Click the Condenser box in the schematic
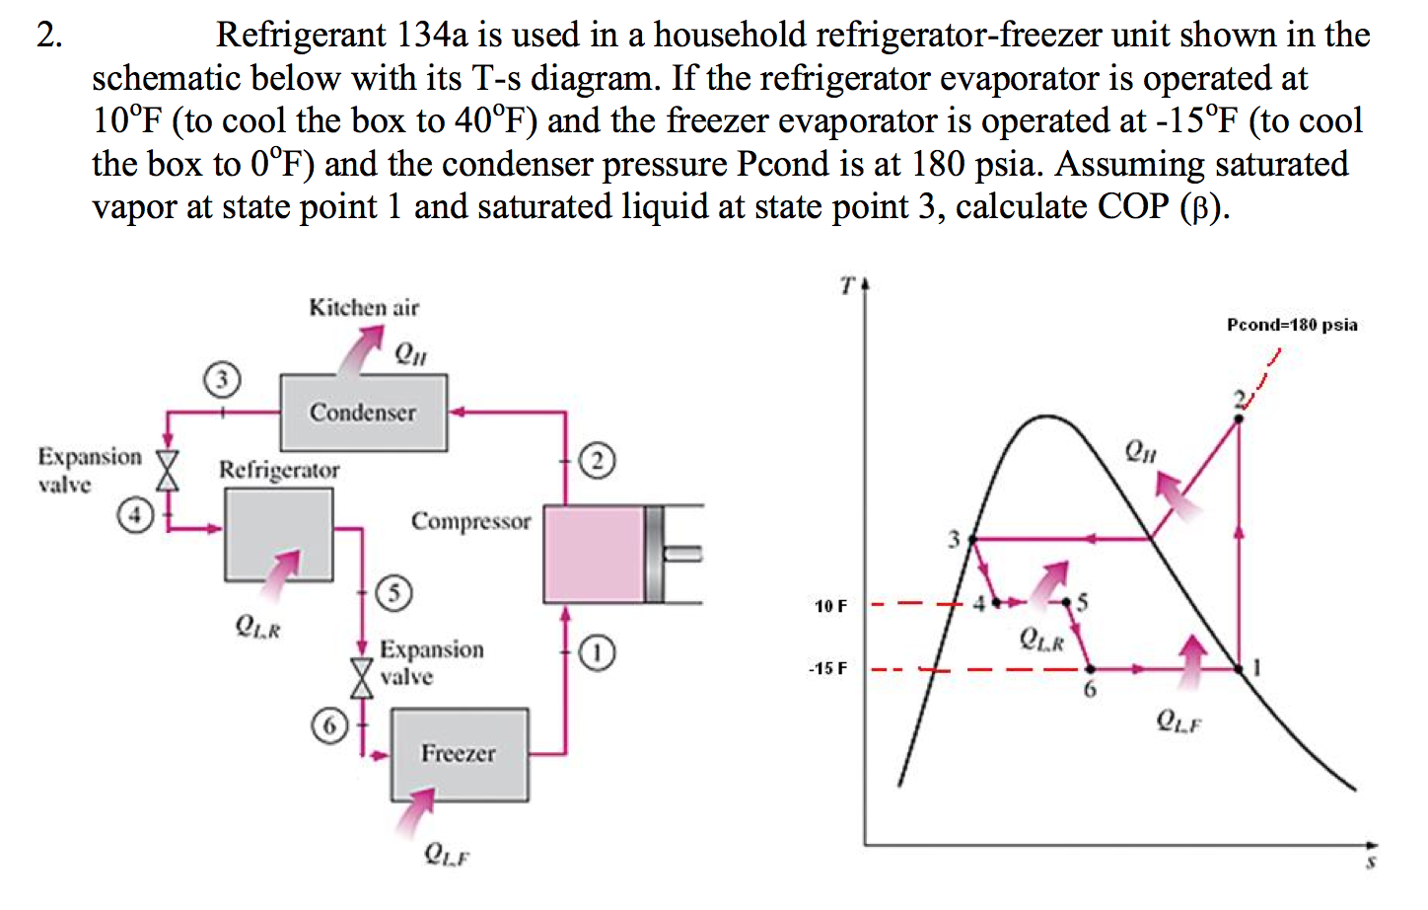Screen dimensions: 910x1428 pyautogui.click(x=363, y=412)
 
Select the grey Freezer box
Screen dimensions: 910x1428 pyautogui.click(x=459, y=754)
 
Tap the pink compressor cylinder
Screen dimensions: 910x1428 pyautogui.click(x=594, y=553)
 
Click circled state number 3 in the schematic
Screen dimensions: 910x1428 pyautogui.click(x=222, y=379)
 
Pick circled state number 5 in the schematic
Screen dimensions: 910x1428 pyautogui.click(x=394, y=592)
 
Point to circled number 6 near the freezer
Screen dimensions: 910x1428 pyautogui.click(x=329, y=726)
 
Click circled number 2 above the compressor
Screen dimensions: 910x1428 pyautogui.click(x=598, y=460)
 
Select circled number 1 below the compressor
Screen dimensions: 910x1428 pyautogui.click(x=598, y=652)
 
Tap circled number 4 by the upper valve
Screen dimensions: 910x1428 pyautogui.click(x=135, y=514)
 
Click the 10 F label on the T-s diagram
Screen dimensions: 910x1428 pyautogui.click(x=830, y=606)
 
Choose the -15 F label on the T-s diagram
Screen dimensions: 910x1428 pyautogui.click(x=827, y=669)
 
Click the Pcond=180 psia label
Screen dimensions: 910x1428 pyautogui.click(x=1292, y=325)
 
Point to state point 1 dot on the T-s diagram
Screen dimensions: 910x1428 pyautogui.click(x=1239, y=669)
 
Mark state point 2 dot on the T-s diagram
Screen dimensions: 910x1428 pyautogui.click(x=1239, y=418)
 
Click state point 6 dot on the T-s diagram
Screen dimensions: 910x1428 pyautogui.click(x=1090, y=669)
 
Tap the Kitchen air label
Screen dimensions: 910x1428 pyautogui.click(x=364, y=308)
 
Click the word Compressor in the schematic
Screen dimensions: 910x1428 pyautogui.click(x=470, y=521)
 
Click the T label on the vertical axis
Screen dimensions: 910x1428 pyautogui.click(x=846, y=286)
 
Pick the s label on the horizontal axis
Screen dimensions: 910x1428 pyautogui.click(x=1370, y=863)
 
